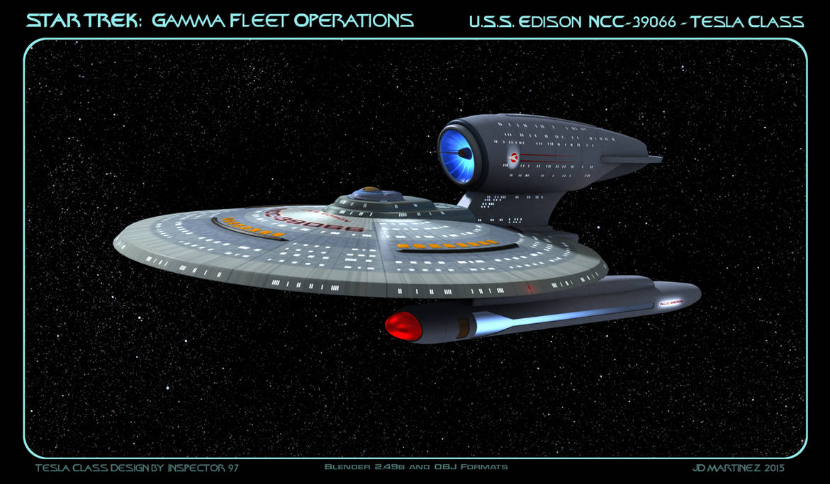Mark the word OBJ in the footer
click(447, 468)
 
